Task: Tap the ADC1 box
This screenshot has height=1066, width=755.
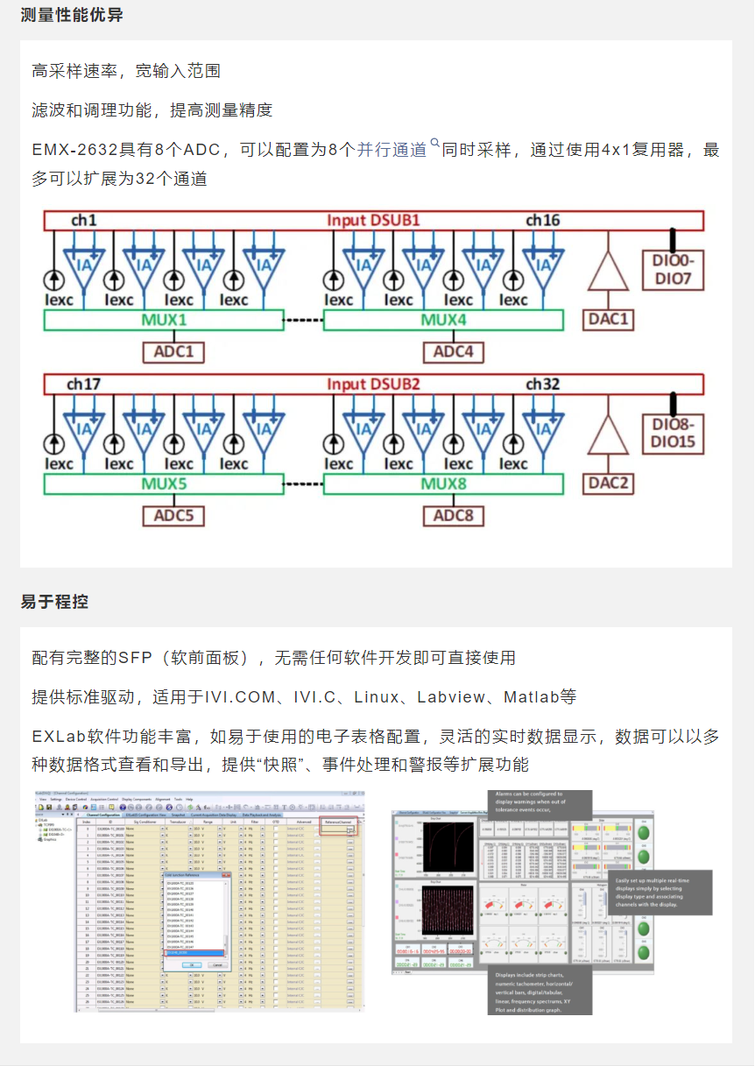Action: [x=173, y=352]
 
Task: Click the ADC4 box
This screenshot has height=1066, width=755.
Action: [x=454, y=352]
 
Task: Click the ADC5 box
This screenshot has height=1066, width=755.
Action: [x=173, y=516]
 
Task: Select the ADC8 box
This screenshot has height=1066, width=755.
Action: [x=454, y=516]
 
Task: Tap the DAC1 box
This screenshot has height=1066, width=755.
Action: [x=609, y=320]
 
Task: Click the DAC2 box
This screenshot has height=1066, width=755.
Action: [x=609, y=484]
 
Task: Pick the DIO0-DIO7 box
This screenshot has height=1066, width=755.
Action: [x=673, y=270]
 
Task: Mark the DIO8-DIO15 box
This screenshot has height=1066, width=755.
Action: [x=673, y=434]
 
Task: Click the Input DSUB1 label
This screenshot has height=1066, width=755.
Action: [x=373, y=220]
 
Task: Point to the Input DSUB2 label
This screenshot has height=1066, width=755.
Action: [x=373, y=384]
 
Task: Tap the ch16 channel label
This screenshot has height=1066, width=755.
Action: [x=543, y=220]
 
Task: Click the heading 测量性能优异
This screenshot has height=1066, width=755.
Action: [x=72, y=15]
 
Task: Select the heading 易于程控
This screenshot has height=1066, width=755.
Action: [x=54, y=602]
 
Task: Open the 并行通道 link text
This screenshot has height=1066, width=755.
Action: [x=392, y=150]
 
